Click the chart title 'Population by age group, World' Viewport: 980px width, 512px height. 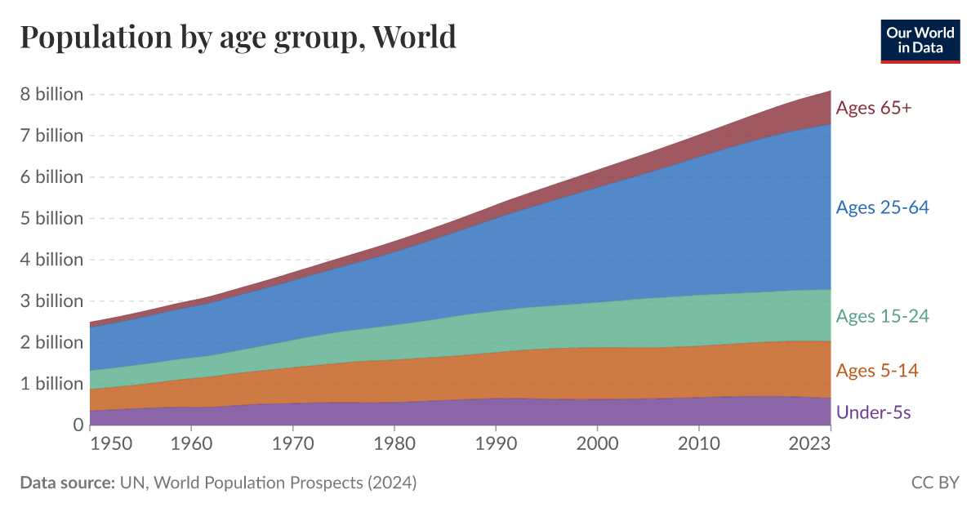coord(238,38)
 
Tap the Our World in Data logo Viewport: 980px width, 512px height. coord(920,40)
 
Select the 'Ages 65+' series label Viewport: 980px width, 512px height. coord(873,108)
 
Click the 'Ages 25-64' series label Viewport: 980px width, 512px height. coord(882,207)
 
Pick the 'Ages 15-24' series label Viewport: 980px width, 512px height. coord(882,316)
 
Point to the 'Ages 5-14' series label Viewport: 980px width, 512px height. coord(877,371)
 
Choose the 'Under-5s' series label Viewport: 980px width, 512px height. coord(873,412)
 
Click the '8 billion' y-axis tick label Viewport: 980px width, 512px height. coord(51,94)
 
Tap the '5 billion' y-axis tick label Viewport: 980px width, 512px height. coord(51,218)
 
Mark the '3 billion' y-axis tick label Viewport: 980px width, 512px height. coord(51,301)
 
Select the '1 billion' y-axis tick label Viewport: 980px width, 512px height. coord(51,383)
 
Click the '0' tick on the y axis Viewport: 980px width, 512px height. coord(78,425)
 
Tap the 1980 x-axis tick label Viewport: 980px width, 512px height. coord(394,446)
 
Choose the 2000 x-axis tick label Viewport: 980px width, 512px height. coord(598,446)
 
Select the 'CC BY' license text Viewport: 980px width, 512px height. coord(935,483)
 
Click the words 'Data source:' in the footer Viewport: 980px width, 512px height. coord(67,483)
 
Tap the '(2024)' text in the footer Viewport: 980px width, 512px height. coord(391,483)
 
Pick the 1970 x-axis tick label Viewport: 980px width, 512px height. coord(293,446)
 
